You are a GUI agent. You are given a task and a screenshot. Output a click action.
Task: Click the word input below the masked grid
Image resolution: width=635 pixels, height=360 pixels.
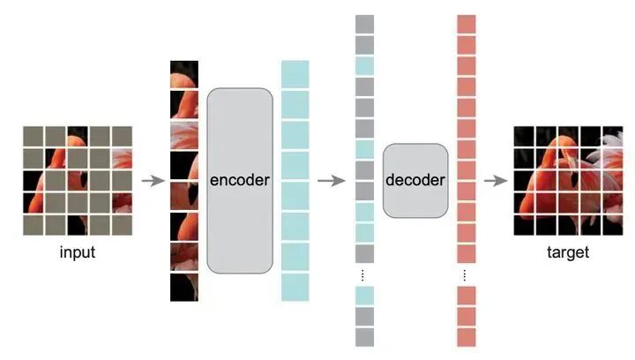(78, 252)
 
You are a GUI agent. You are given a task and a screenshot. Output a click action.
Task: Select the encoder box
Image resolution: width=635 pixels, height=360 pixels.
(240, 180)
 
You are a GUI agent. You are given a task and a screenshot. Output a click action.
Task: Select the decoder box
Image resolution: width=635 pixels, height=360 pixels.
(415, 180)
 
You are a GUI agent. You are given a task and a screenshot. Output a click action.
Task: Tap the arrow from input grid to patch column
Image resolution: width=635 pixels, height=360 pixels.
(153, 181)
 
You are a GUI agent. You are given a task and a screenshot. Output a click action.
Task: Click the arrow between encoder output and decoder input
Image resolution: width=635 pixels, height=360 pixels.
(331, 181)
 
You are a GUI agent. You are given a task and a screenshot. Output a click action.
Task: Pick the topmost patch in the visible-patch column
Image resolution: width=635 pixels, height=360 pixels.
(184, 73)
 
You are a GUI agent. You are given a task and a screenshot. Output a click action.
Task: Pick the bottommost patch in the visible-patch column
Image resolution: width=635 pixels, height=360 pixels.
(184, 288)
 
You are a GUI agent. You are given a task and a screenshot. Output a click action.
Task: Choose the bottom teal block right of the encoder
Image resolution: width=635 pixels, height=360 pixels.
(295, 287)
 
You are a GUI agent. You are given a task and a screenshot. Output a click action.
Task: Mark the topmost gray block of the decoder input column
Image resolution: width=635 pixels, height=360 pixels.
(364, 24)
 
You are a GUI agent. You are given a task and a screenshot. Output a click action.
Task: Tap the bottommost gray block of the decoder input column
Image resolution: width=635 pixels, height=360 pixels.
(364, 337)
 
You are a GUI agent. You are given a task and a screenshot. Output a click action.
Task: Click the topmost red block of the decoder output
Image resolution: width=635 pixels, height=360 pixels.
(467, 24)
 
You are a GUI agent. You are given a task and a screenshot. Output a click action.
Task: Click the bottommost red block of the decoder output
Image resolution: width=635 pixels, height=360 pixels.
(467, 337)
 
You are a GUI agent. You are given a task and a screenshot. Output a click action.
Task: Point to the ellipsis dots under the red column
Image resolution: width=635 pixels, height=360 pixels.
(467, 274)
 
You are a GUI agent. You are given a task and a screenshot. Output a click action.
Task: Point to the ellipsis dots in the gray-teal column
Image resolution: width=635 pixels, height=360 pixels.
(364, 274)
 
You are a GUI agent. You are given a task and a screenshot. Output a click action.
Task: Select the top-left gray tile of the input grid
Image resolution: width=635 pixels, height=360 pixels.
(33, 135)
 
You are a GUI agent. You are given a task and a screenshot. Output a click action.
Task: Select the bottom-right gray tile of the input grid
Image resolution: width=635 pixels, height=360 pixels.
(122, 224)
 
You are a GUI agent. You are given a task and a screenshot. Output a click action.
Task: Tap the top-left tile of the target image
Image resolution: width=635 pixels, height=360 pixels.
(524, 135)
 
